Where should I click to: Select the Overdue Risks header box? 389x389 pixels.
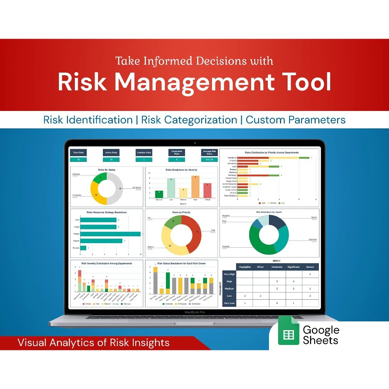(144, 152)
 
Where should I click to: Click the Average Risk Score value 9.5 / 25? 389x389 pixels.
(209, 160)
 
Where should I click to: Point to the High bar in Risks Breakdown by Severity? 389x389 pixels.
(195, 187)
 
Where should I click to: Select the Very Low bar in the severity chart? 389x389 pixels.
(160, 194)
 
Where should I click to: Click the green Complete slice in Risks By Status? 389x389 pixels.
(100, 177)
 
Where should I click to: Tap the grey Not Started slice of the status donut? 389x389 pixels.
(118, 188)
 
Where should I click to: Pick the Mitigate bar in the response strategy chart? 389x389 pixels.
(110, 234)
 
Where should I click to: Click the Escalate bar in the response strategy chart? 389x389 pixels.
(83, 248)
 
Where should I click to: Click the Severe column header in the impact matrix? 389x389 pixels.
(310, 267)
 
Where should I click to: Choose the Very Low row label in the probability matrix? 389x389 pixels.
(229, 303)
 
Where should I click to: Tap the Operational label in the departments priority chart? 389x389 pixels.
(232, 158)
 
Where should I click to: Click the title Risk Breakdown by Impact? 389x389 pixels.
(269, 212)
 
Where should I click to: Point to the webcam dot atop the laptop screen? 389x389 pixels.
(194, 143)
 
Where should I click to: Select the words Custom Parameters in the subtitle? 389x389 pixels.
(296, 120)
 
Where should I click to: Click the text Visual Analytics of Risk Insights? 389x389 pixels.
(93, 343)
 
